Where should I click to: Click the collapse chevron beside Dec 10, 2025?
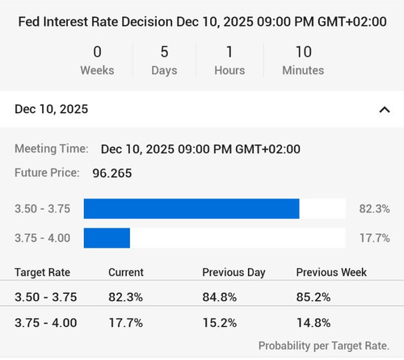coord(385,110)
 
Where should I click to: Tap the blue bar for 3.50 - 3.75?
coord(191,209)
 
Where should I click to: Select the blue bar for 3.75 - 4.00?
coord(107,238)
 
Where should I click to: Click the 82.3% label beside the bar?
coord(374,209)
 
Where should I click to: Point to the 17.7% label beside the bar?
coord(375,238)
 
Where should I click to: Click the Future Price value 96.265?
coord(112,173)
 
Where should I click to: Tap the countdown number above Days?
coord(164,52)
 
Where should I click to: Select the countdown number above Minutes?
coord(304,52)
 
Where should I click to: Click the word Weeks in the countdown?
coord(97,70)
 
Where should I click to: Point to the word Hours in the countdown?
coord(229,70)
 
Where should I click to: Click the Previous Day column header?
coord(234,273)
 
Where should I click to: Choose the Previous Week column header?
coord(331,272)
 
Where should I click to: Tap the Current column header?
coord(126,272)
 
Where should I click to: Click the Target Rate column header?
coord(42,273)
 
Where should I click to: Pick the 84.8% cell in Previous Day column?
coord(220,297)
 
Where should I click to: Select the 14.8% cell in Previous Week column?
coord(314,323)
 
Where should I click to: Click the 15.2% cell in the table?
coord(220,323)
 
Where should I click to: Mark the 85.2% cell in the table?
coord(314,297)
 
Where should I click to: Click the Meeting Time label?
coord(52,149)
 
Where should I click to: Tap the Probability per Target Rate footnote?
coord(324,345)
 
